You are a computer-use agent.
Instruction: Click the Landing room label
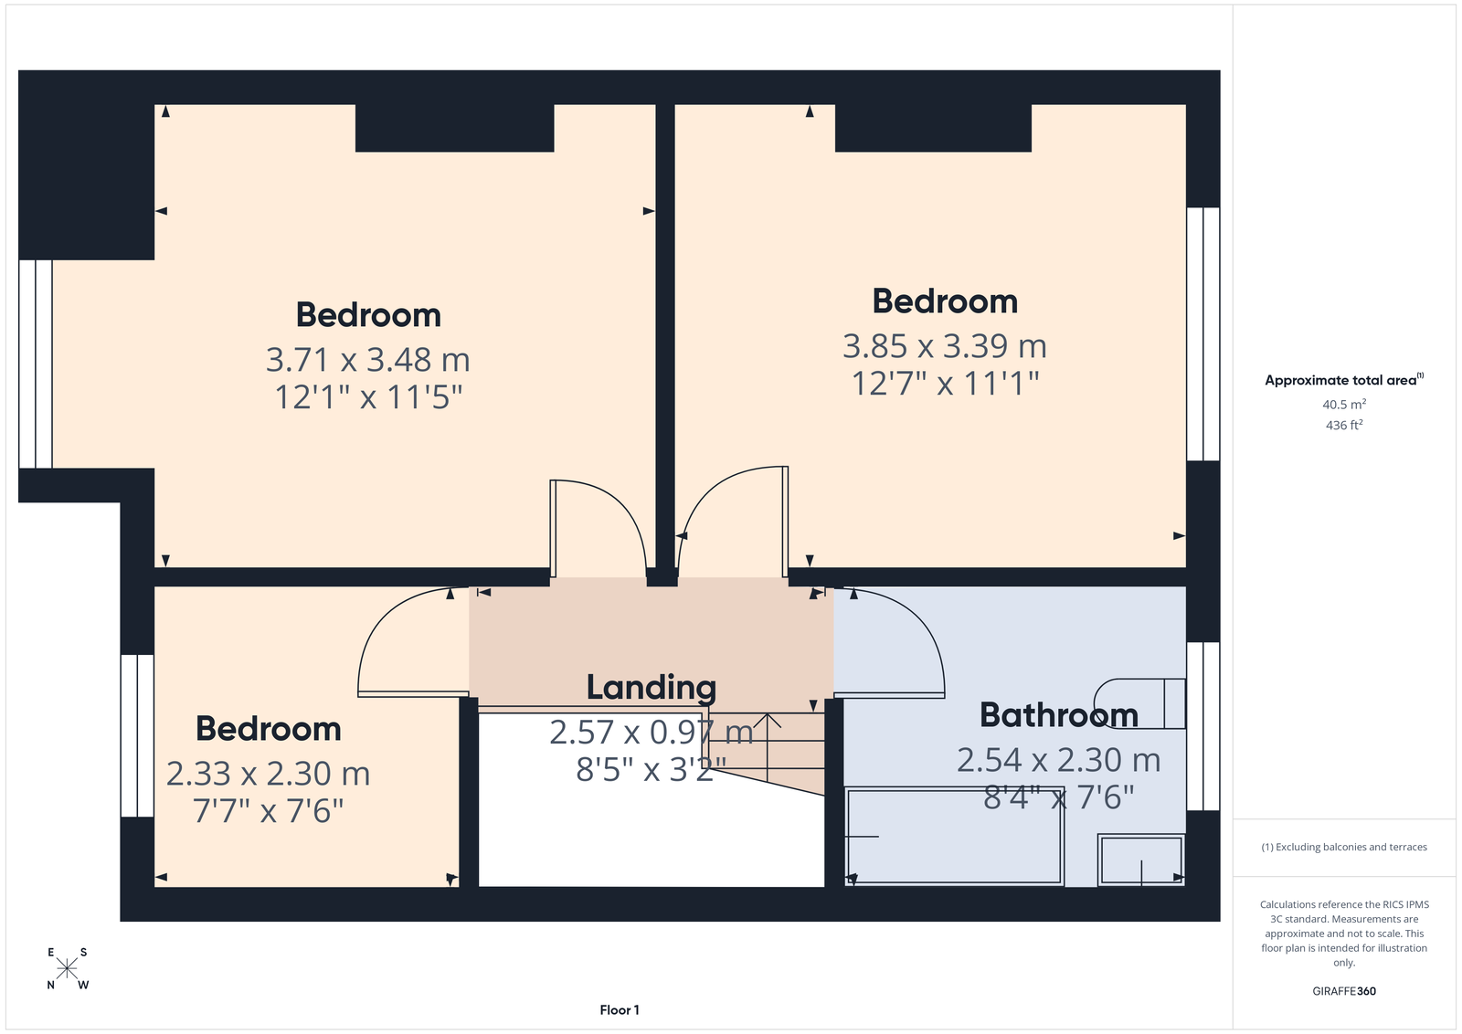pos(651,688)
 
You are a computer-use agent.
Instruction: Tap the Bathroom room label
pos(1059,715)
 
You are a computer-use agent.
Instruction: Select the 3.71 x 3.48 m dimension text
pos(367,360)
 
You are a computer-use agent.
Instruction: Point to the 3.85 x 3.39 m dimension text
pos(945,346)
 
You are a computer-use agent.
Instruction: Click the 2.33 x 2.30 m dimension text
pos(268,774)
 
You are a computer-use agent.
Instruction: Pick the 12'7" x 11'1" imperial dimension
pos(945,383)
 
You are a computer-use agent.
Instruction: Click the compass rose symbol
pos(68,969)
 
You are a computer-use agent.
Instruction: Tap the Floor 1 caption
pos(620,1010)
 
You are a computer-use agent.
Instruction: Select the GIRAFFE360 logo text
pos(1344,991)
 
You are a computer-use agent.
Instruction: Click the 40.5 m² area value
pos(1344,404)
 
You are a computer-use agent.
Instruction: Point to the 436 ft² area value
pos(1344,425)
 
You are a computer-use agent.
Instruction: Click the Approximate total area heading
pos(1344,380)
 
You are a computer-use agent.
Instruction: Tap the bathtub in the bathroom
pos(955,837)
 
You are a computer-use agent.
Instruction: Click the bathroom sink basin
pos(1141,860)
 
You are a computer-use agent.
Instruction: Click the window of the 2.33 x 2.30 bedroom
pos(137,736)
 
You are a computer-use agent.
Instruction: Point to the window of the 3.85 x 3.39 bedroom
pos(1202,334)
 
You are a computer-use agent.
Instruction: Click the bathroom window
pos(1202,726)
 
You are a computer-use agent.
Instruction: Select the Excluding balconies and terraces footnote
pos(1344,847)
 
